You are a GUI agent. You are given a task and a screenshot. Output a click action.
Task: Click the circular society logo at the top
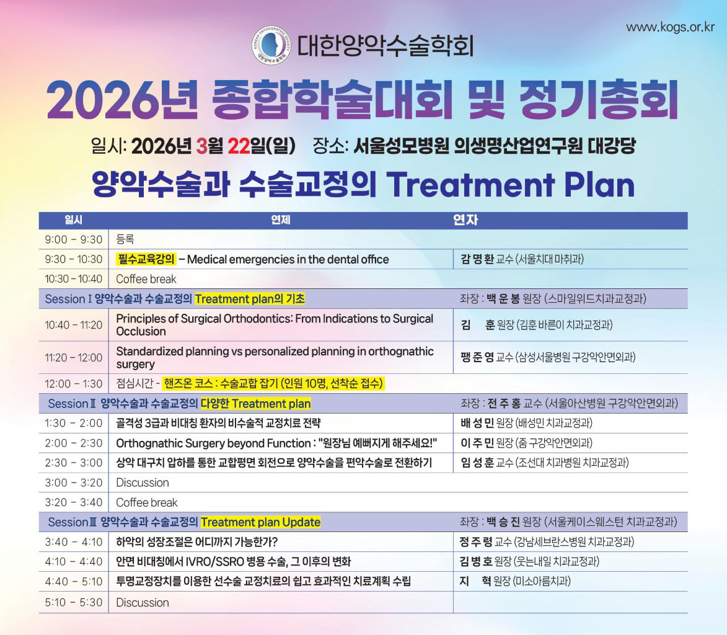click(271, 45)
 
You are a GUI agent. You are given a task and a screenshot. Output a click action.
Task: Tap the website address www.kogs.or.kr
click(670, 27)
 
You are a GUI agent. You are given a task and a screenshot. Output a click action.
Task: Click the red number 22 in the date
click(239, 146)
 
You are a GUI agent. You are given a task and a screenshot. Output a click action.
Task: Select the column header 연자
click(465, 220)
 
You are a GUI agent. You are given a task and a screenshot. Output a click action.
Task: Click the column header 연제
click(281, 220)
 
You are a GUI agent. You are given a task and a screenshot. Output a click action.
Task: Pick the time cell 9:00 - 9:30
click(73, 239)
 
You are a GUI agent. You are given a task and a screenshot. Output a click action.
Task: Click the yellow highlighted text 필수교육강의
click(146, 259)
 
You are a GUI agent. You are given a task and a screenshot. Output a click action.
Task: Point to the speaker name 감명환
click(477, 259)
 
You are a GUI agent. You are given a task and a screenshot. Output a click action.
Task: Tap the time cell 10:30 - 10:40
click(73, 279)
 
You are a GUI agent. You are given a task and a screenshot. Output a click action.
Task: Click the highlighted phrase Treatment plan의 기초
click(249, 299)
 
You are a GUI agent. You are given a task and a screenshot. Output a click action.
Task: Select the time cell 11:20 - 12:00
click(73, 358)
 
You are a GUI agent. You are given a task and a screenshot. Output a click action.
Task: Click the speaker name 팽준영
click(477, 357)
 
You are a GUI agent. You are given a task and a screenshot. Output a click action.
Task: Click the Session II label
click(72, 404)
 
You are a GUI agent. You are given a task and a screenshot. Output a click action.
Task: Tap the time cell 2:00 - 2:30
click(73, 443)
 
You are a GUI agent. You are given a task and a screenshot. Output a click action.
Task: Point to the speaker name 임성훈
click(477, 463)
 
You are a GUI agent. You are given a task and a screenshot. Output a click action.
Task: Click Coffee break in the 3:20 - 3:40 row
click(146, 502)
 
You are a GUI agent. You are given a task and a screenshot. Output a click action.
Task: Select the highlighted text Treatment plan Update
click(260, 522)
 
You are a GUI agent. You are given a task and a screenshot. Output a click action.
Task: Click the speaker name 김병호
click(476, 562)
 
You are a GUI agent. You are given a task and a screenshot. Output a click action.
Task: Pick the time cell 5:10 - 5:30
click(73, 602)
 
